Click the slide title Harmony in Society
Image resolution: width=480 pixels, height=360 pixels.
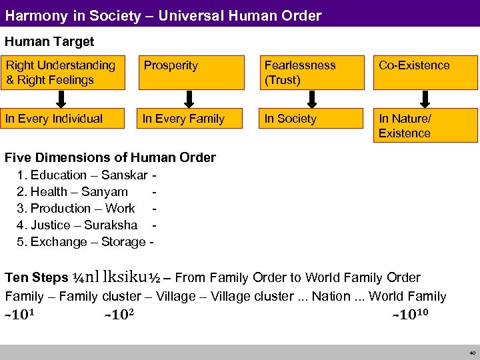(x=163, y=15)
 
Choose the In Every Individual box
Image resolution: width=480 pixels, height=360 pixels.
(x=63, y=119)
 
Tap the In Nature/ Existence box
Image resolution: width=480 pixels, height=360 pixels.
(x=425, y=126)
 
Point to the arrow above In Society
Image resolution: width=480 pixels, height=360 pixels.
(x=311, y=99)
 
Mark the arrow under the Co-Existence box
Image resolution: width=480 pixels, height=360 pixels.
(x=425, y=99)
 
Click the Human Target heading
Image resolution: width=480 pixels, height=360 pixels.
(x=49, y=41)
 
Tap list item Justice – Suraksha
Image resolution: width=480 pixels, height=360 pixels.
(x=77, y=225)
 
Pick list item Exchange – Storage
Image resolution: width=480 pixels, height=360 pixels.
(x=81, y=242)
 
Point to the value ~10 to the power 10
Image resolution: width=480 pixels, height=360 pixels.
(x=410, y=315)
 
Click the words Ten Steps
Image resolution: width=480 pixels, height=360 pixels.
(x=36, y=277)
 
